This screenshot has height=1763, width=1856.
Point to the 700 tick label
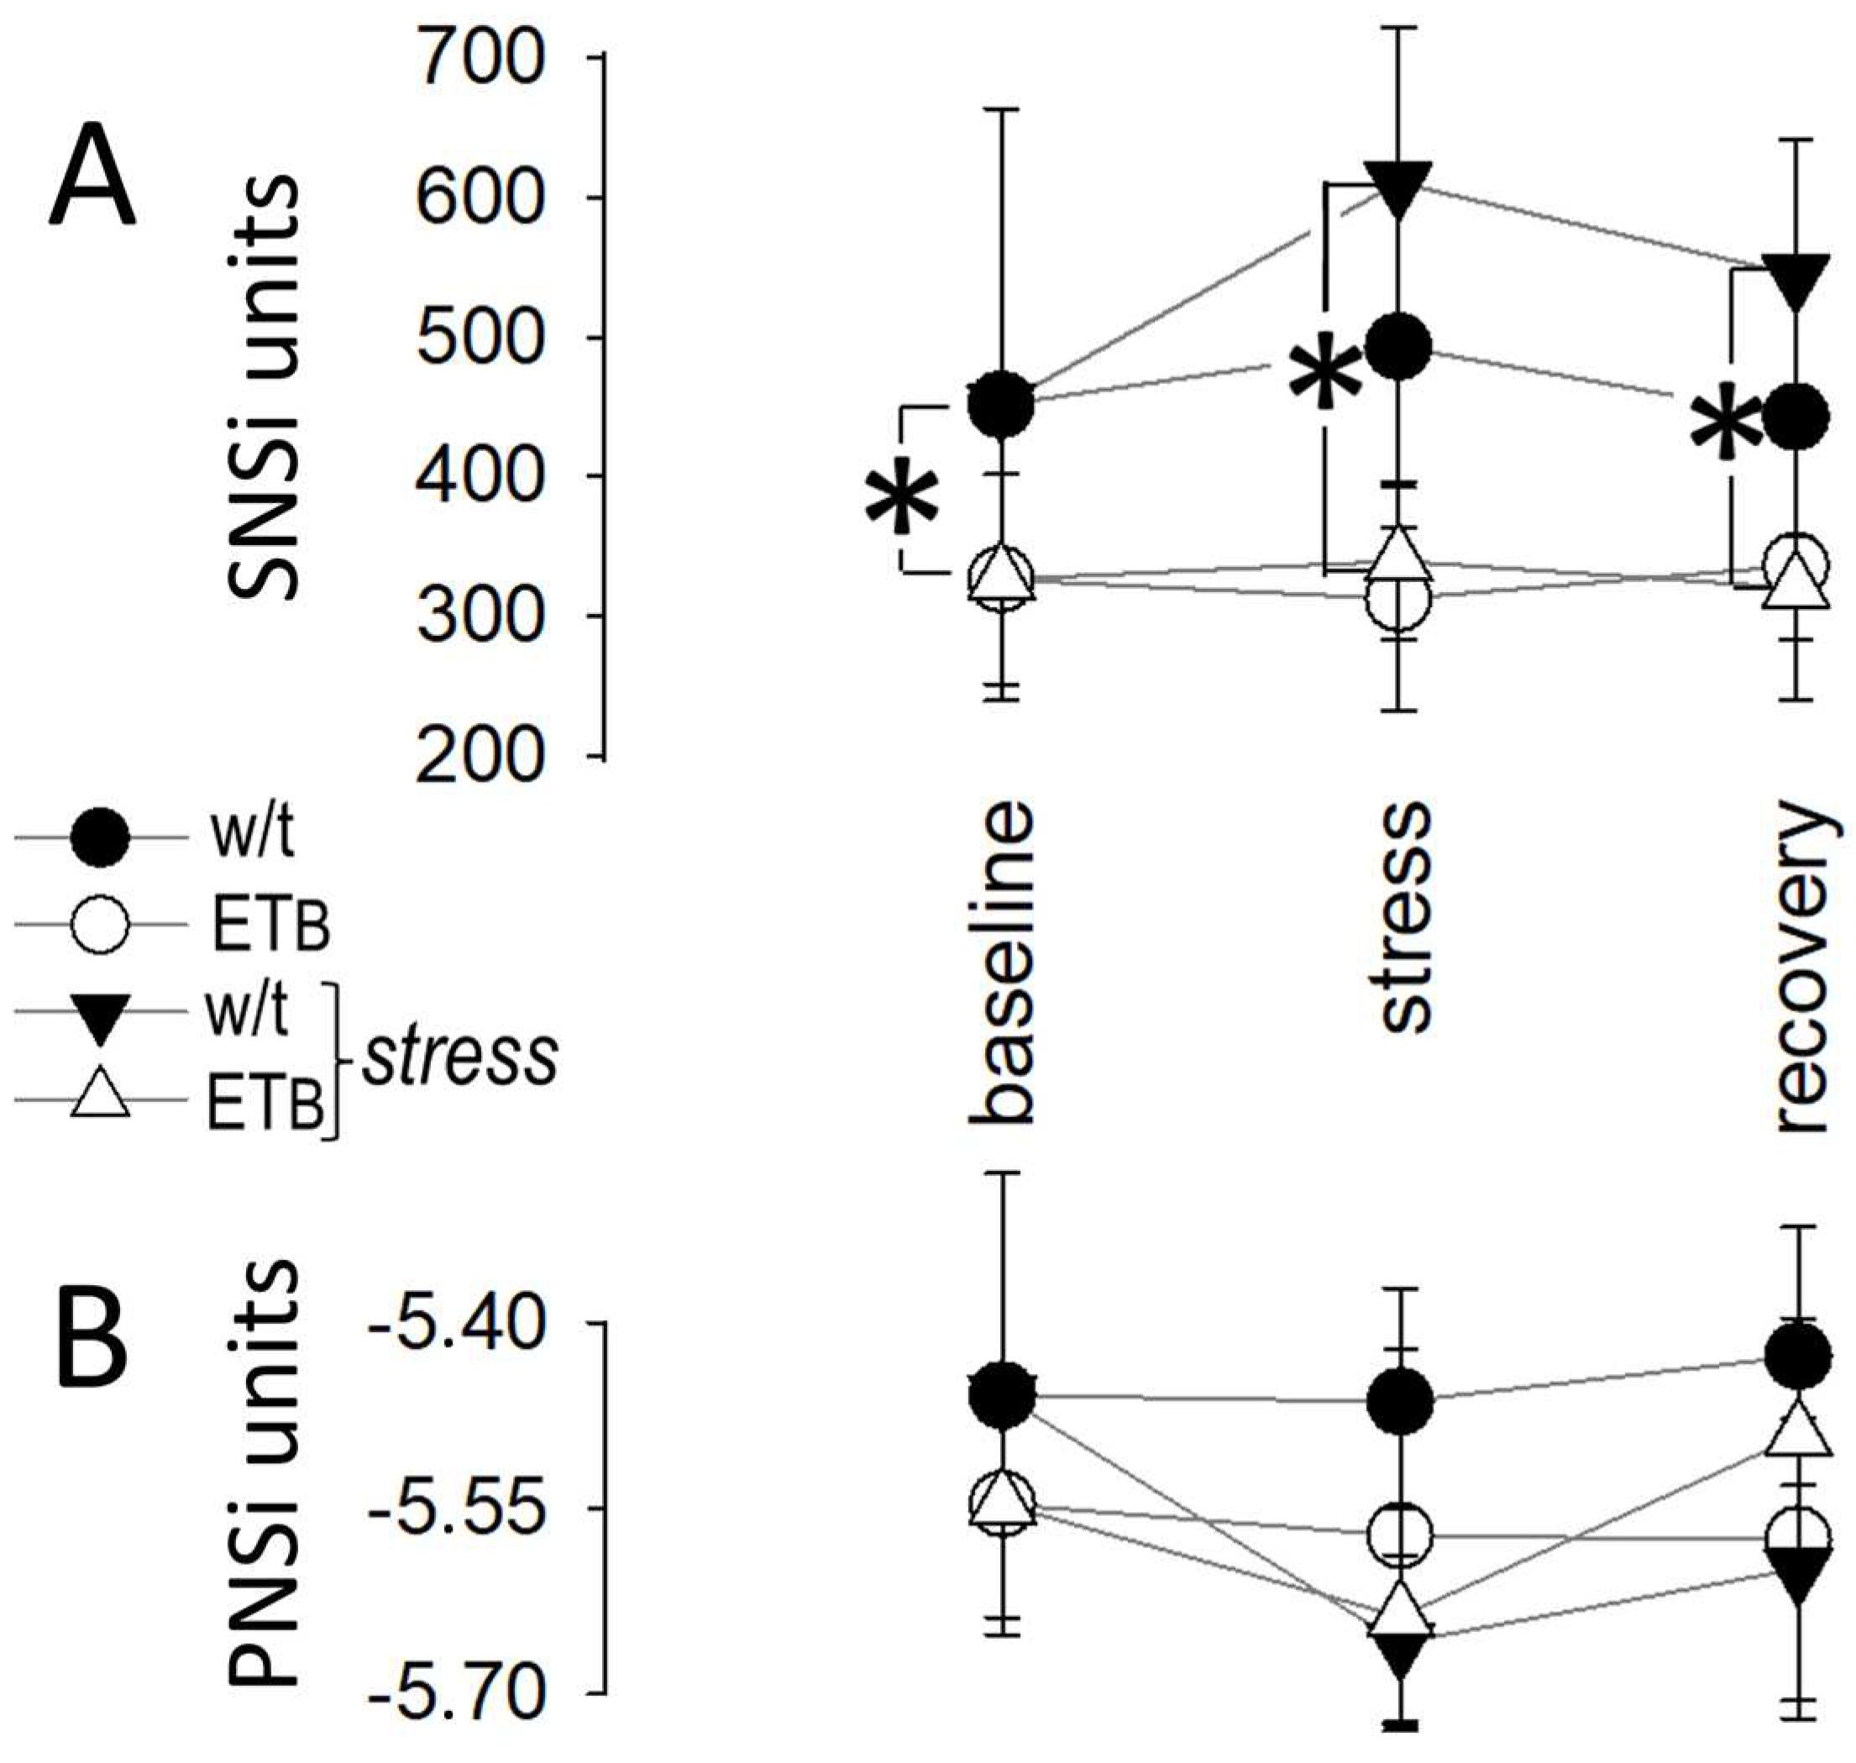pyautogui.click(x=480, y=58)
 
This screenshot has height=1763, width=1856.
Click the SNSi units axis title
pyautogui.click(x=264, y=386)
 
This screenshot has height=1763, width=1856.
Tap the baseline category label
pyautogui.click(x=1003, y=963)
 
